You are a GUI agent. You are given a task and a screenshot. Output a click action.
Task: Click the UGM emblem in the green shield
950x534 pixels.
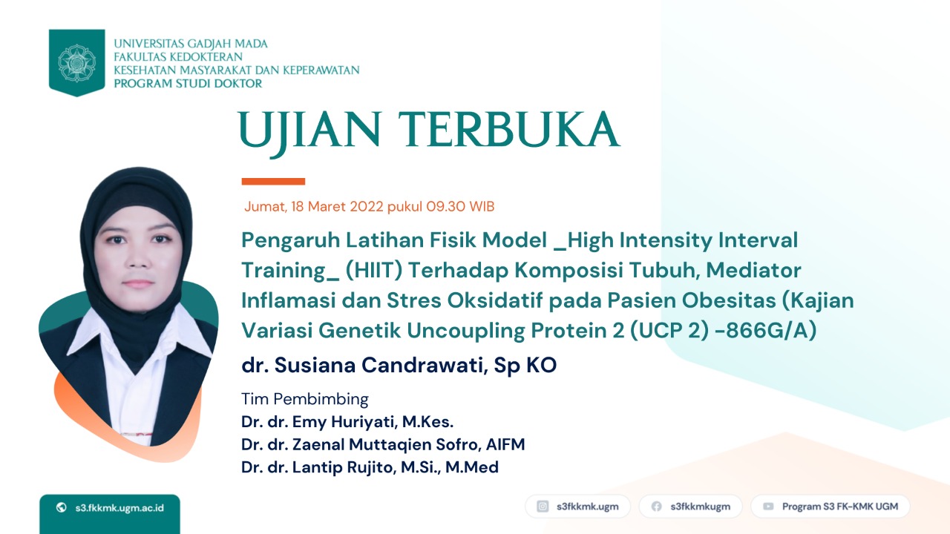[x=76, y=63]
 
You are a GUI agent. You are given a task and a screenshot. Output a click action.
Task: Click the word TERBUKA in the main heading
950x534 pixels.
[x=509, y=129]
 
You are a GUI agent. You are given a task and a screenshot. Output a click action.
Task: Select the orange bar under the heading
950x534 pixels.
[x=273, y=182]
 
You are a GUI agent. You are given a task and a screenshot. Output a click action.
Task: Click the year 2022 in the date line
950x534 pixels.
[x=367, y=206]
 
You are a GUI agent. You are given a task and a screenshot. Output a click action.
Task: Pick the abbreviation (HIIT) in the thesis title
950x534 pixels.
[x=373, y=271]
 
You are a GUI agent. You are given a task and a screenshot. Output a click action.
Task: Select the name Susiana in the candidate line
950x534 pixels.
[x=315, y=365]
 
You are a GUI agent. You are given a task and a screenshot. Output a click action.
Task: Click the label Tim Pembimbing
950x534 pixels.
[x=304, y=399]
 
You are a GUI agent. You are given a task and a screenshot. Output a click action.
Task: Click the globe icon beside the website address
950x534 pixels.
[x=62, y=507]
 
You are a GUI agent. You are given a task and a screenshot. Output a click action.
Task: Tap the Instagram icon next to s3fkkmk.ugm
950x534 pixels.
[x=543, y=507]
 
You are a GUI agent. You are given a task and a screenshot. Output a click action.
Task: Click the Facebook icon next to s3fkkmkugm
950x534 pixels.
[x=657, y=507]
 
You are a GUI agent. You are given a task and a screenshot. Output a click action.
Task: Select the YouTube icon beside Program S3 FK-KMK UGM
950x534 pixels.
[x=768, y=507]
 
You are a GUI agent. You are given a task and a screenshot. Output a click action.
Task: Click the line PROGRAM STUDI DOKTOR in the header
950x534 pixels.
[x=188, y=84]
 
